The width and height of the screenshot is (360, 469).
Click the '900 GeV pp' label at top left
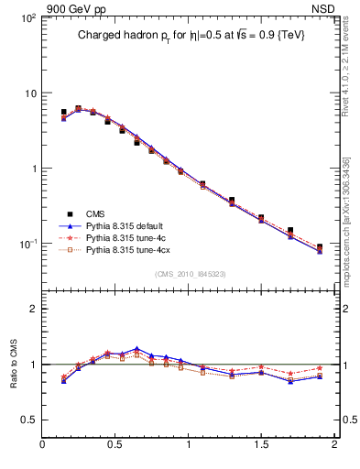(x=69, y=7)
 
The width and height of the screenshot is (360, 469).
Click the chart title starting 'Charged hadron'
(x=191, y=35)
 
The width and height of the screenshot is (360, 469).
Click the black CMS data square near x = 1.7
(x=290, y=231)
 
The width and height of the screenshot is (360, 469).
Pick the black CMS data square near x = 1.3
(x=232, y=200)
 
